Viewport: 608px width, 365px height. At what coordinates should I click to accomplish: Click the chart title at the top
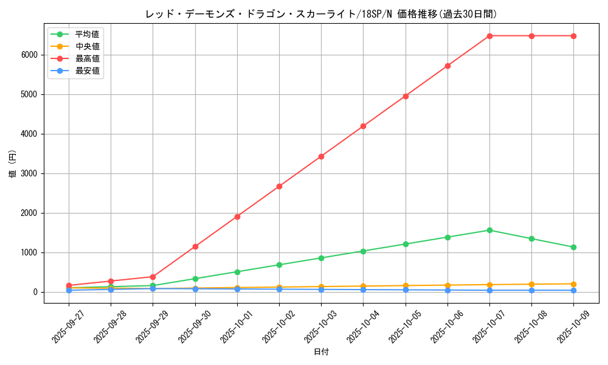pyautogui.click(x=325, y=14)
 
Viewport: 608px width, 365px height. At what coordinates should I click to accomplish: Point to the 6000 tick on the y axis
pyautogui.click(x=29, y=55)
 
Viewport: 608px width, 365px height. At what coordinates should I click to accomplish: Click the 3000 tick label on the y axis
pyautogui.click(x=29, y=173)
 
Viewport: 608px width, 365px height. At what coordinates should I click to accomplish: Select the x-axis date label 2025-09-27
pyautogui.click(x=67, y=325)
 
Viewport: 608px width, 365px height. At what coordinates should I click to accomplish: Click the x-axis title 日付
pyautogui.click(x=321, y=352)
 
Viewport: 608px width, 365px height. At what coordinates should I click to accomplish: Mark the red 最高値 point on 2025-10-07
pyautogui.click(x=489, y=36)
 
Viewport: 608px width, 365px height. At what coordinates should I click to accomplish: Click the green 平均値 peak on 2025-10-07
pyautogui.click(x=489, y=230)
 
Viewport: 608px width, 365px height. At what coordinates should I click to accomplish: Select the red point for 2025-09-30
pyautogui.click(x=195, y=246)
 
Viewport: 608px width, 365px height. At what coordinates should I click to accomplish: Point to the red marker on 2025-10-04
pyautogui.click(x=363, y=126)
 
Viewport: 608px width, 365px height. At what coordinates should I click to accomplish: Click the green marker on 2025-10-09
pyautogui.click(x=573, y=247)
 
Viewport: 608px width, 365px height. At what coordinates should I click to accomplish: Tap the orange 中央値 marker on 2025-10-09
pyautogui.click(x=573, y=284)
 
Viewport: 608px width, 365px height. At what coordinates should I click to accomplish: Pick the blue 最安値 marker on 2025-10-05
pyautogui.click(x=406, y=290)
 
